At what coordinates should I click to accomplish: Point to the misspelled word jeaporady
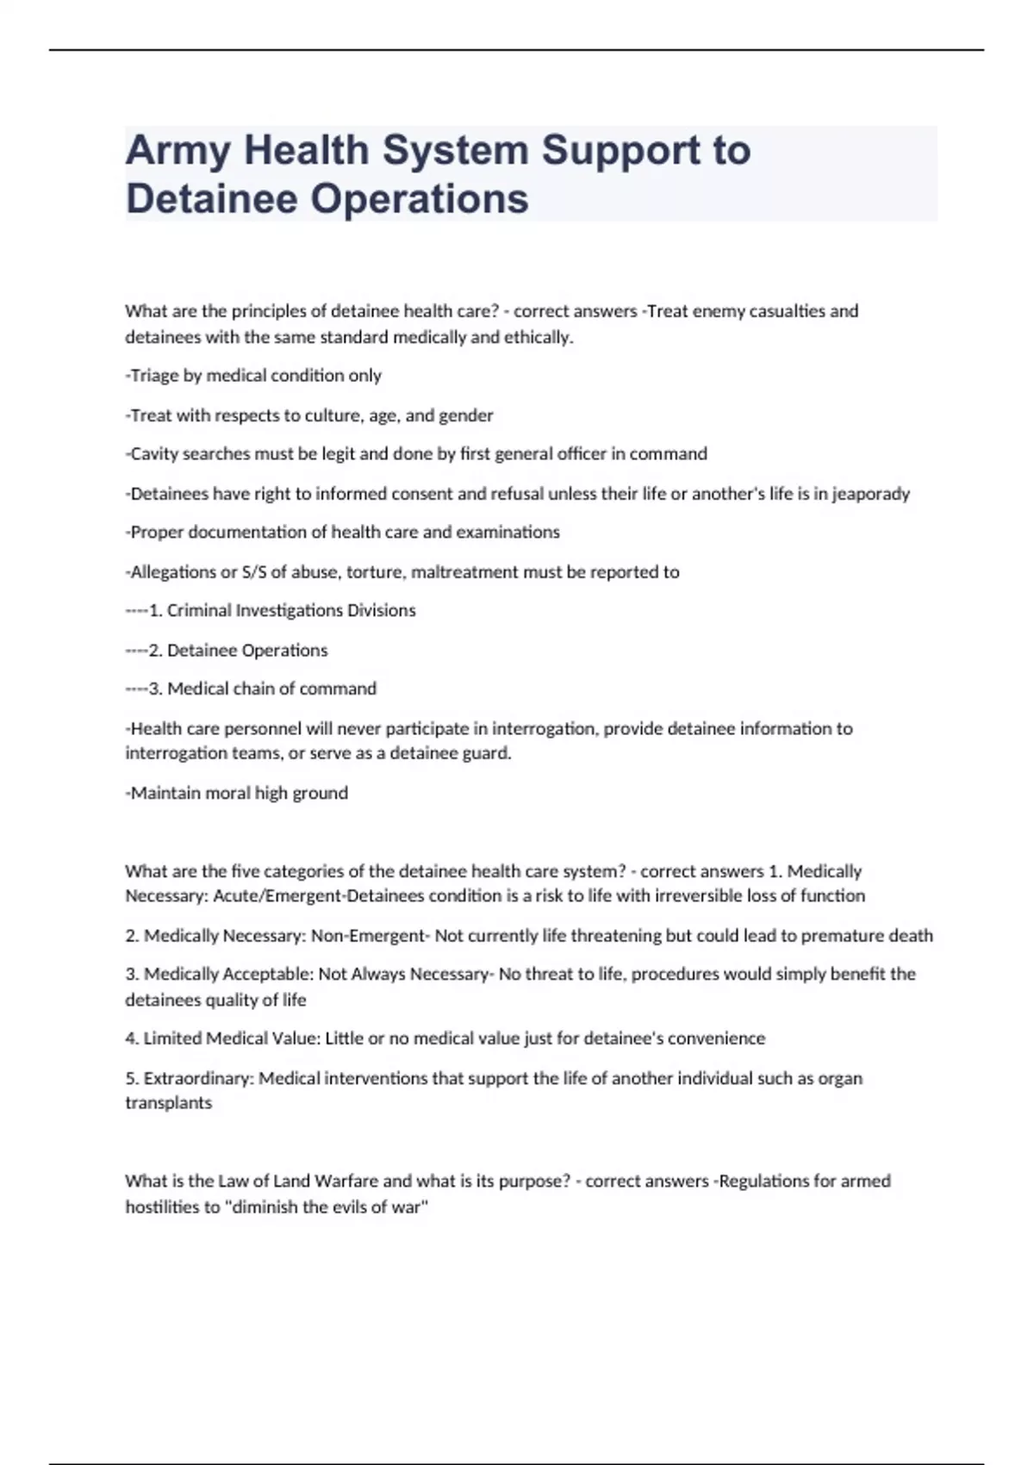pos(870,494)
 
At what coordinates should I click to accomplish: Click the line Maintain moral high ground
pos(238,793)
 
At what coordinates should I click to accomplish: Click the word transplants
pos(168,1103)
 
